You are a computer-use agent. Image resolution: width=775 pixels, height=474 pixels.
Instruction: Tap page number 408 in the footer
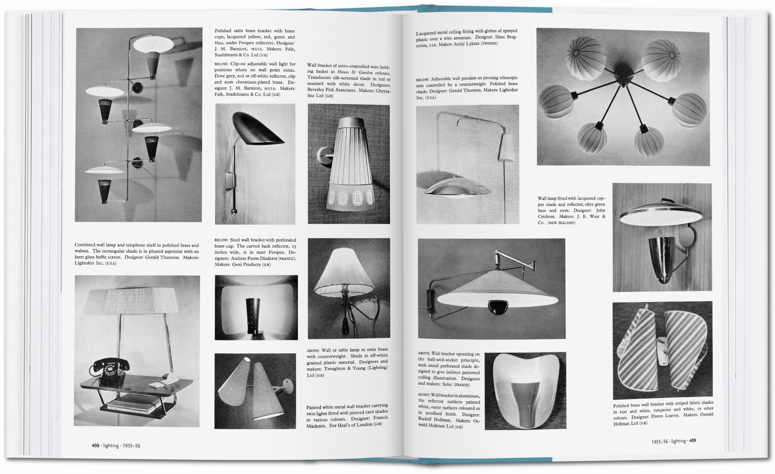pyautogui.click(x=95, y=445)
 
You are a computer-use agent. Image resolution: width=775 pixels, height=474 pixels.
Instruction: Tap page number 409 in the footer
pyautogui.click(x=693, y=441)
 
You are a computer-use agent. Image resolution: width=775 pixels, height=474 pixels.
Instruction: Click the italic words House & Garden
pyautogui.click(x=356, y=72)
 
